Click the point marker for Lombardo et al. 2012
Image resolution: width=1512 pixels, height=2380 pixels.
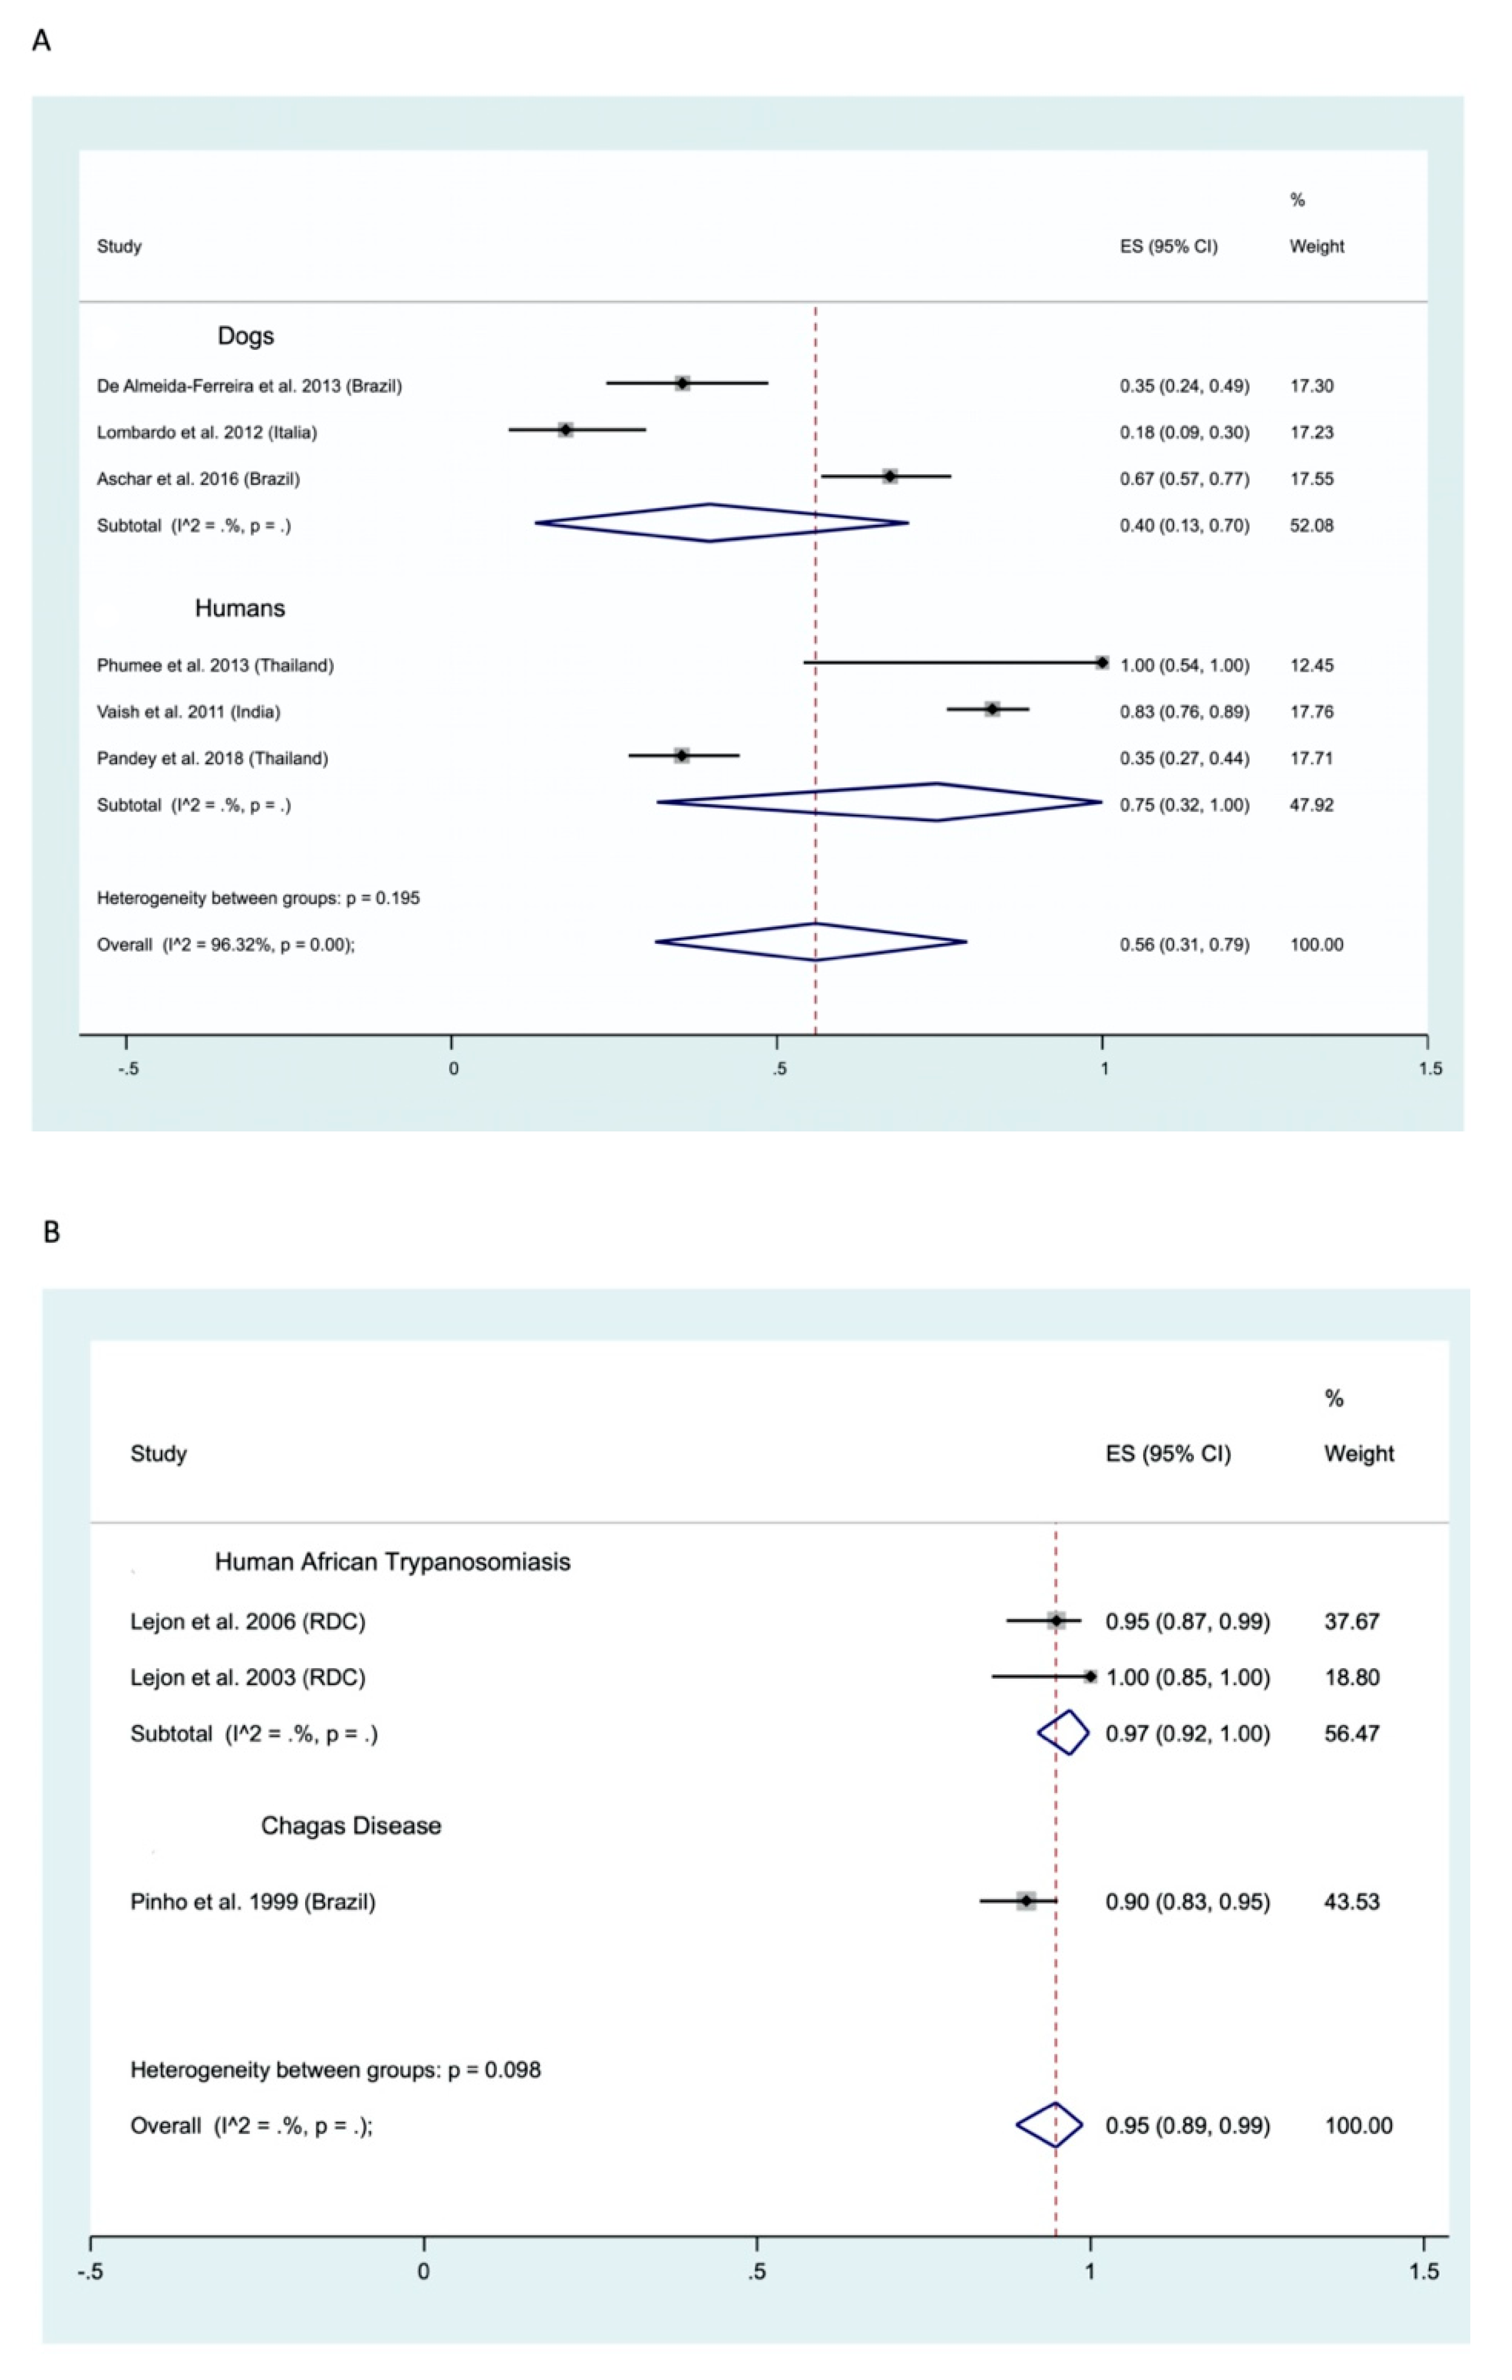(565, 430)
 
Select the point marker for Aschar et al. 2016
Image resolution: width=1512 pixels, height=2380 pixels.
(891, 476)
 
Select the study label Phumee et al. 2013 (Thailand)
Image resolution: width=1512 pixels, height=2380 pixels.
(216, 665)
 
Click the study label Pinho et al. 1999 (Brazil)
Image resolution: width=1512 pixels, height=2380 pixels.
(253, 1902)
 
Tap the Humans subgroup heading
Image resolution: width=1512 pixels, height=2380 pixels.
(240, 608)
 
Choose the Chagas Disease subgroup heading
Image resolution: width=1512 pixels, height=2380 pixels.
(351, 1825)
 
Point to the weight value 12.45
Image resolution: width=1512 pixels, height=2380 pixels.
(1312, 665)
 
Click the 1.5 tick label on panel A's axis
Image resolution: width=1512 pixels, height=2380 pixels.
(1430, 1068)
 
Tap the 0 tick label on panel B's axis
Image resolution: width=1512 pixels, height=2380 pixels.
(424, 2271)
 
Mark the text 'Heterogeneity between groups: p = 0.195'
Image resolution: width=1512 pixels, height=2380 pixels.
(258, 898)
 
